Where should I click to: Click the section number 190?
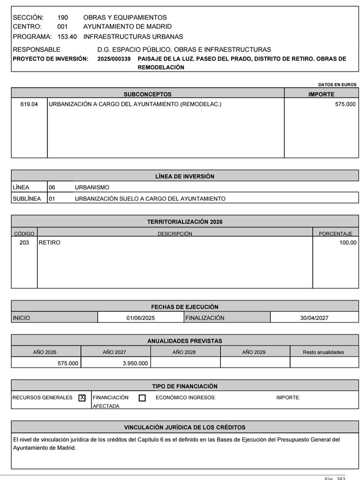pos(63,18)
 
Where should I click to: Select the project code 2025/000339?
pos(114,59)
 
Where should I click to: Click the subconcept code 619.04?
pos(29,104)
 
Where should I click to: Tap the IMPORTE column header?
pos(321,94)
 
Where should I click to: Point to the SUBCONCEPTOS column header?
pos(148,94)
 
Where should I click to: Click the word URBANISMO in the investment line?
pos(92,187)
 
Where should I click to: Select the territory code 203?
pos(24,243)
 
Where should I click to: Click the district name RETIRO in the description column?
pos(50,243)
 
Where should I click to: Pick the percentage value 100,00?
pos(347,243)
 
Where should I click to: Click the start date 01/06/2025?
pos(140,318)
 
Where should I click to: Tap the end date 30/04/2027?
pos(314,318)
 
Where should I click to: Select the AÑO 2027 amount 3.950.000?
pos(135,363)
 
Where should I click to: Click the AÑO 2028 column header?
pos(184,352)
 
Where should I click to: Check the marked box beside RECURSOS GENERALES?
pos(82,398)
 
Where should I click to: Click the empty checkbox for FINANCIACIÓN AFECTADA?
pos(142,398)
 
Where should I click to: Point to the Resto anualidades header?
pos(323,352)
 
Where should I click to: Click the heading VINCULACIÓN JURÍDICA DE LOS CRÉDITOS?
pos(185,427)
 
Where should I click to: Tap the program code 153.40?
pos(67,37)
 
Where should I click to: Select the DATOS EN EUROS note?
pos(337,84)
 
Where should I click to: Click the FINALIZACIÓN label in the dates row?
pos(205,318)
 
